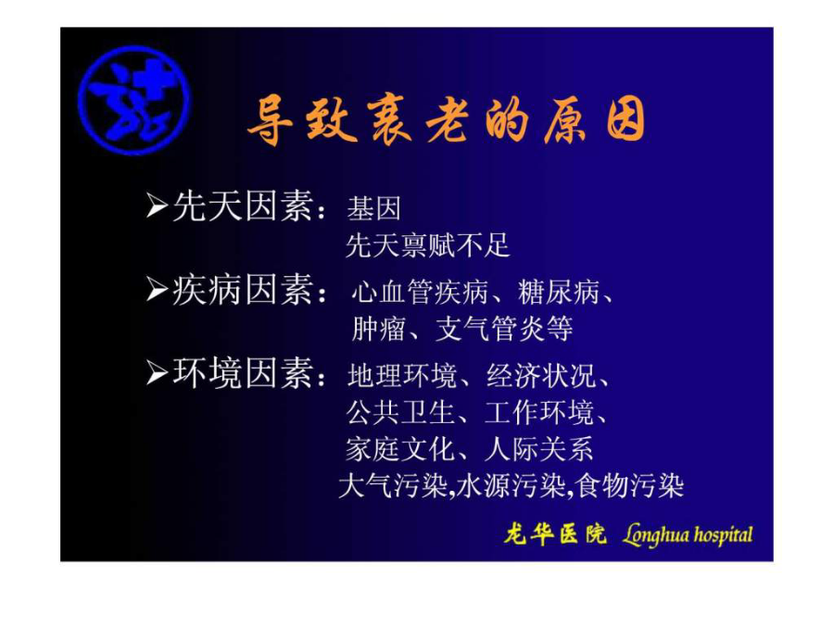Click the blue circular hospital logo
click(x=133, y=100)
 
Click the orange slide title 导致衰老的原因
click(x=447, y=120)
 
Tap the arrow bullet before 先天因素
click(x=157, y=206)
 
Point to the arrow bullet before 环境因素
click(x=157, y=373)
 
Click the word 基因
click(x=373, y=208)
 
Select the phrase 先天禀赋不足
click(x=427, y=245)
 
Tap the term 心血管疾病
click(x=420, y=292)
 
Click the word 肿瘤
click(x=379, y=329)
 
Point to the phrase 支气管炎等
click(x=504, y=329)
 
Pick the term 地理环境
click(x=402, y=376)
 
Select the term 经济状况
click(x=541, y=376)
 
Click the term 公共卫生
click(x=400, y=412)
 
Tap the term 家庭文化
click(x=400, y=449)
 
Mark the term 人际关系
click(x=538, y=449)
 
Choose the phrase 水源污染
click(x=511, y=486)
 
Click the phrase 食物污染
click(x=630, y=486)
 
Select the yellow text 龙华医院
click(x=555, y=533)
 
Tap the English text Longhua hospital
click(x=688, y=534)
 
